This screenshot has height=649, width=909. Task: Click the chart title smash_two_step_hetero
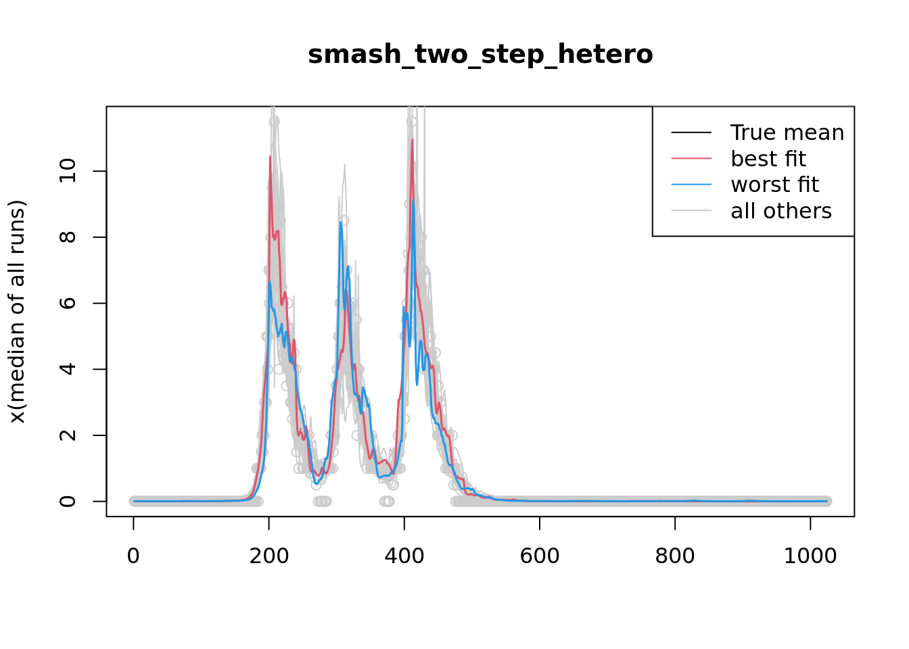click(x=480, y=55)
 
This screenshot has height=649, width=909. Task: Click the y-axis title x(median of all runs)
click(x=18, y=312)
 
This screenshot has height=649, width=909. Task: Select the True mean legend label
click(x=787, y=133)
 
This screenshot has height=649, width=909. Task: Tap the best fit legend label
click(x=768, y=159)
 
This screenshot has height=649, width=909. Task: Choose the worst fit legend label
click(x=774, y=185)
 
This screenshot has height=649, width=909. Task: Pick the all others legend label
click(x=781, y=211)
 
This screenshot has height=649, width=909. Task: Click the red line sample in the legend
click(x=691, y=158)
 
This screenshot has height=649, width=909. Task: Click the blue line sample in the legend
click(x=691, y=185)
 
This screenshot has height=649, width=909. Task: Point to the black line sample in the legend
click(x=691, y=133)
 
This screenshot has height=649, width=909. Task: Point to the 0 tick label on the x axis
click(x=133, y=556)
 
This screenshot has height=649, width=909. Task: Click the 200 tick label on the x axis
click(x=269, y=556)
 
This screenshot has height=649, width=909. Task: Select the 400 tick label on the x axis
click(x=404, y=556)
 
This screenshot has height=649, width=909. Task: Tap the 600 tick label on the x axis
click(x=540, y=556)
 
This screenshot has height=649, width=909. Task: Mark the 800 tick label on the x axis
click(x=675, y=556)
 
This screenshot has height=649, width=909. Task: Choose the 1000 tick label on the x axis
click(x=810, y=556)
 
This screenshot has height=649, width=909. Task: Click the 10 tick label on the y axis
click(x=68, y=171)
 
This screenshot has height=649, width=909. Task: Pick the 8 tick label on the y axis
click(x=68, y=237)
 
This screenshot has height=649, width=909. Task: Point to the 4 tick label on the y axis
click(x=68, y=369)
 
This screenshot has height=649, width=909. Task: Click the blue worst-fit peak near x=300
click(x=341, y=222)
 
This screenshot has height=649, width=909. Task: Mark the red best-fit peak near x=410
click(x=412, y=140)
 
